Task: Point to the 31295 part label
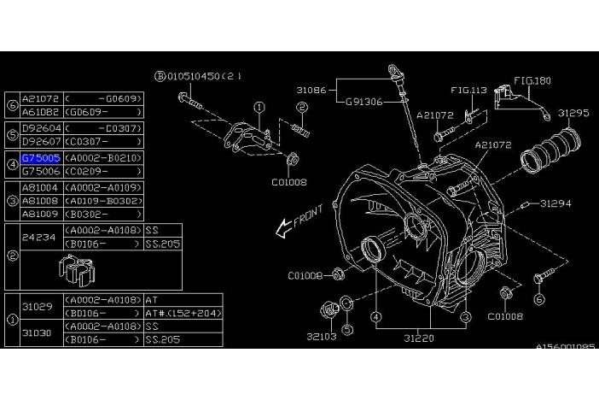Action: click(x=573, y=112)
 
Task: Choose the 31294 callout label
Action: click(x=554, y=203)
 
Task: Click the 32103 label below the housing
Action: click(x=322, y=336)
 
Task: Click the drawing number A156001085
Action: click(x=565, y=348)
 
